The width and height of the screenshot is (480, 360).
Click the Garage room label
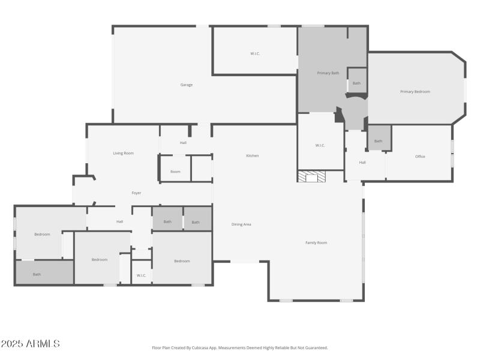[187, 85]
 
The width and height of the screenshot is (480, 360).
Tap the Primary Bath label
[328, 73]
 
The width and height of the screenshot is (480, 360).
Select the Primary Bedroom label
[415, 92]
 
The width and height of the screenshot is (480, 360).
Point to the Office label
[420, 157]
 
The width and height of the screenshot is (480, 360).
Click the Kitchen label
[253, 156]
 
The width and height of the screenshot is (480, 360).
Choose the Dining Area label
[241, 224]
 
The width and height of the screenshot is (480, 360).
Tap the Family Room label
[316, 242]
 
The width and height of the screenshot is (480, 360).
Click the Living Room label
[124, 153]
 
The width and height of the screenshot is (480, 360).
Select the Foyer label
[137, 193]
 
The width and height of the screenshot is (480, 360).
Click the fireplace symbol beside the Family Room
[312, 176]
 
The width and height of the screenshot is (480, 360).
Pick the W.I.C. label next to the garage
[255, 54]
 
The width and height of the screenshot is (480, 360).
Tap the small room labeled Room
[175, 172]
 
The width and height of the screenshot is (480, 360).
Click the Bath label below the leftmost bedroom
[37, 274]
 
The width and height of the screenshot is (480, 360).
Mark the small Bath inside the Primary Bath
[356, 83]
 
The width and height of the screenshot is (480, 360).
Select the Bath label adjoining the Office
[378, 141]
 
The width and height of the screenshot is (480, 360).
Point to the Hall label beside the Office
[362, 162]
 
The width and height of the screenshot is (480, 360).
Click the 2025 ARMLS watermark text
[30, 344]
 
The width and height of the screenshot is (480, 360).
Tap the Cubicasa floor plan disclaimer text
[240, 347]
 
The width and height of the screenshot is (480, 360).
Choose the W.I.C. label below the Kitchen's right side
[320, 145]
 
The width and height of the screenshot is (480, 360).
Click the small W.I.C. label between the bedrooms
[142, 275]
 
